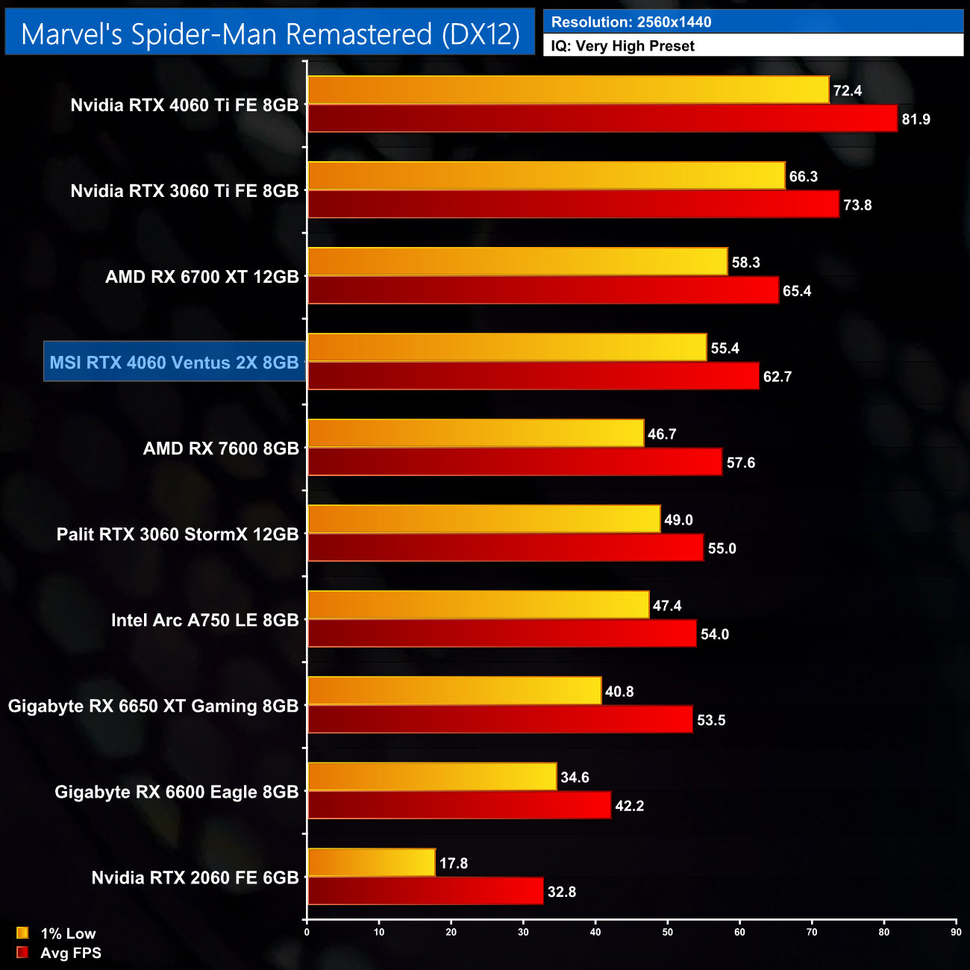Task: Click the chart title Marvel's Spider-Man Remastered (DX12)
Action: click(270, 34)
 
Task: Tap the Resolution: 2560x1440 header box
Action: click(753, 22)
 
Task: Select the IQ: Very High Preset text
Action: click(622, 46)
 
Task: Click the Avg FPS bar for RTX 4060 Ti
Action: click(602, 119)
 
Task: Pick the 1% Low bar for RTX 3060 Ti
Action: click(546, 176)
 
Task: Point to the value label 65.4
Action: click(797, 291)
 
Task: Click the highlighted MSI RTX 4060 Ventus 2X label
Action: click(175, 363)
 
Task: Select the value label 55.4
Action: click(725, 348)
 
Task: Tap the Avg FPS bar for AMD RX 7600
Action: click(515, 463)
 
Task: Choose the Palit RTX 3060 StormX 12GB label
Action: click(178, 534)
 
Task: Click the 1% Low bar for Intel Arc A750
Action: click(478, 605)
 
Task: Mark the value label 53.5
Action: click(711, 720)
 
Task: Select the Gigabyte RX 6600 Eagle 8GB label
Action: click(177, 792)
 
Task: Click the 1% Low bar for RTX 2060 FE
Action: click(371, 863)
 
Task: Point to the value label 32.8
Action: click(562, 892)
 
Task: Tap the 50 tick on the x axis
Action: click(668, 932)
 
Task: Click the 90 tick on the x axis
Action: click(956, 932)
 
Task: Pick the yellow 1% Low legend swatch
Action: click(22, 933)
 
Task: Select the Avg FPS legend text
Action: click(71, 953)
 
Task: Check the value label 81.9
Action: click(916, 119)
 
